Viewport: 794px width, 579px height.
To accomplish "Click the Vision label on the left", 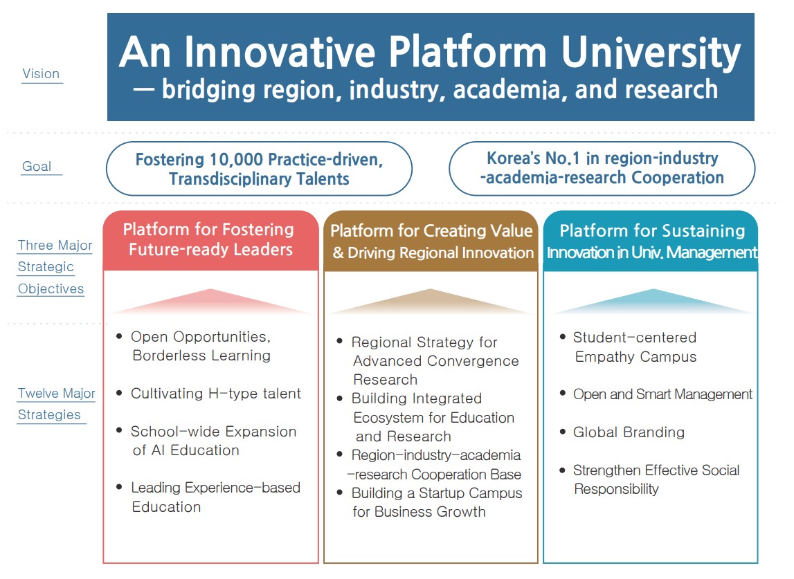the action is [x=41, y=74].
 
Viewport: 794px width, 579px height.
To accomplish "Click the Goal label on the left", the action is [x=37, y=167].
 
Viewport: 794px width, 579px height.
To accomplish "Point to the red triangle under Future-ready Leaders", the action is [x=210, y=302].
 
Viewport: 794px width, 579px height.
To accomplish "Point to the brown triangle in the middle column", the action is [x=431, y=302].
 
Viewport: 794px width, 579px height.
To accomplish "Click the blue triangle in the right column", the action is [x=653, y=302].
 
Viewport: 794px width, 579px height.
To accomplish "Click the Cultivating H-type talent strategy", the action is [x=216, y=394].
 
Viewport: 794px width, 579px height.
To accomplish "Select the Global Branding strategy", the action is [x=629, y=432].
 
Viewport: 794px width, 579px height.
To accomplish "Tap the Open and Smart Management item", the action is [x=662, y=394].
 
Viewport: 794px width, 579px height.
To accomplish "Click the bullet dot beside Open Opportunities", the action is [x=120, y=336].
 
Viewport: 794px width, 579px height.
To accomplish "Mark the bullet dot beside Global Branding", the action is [x=563, y=432].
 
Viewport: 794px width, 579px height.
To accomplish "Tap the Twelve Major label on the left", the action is [x=57, y=393].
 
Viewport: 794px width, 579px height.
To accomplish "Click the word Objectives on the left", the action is [x=51, y=289].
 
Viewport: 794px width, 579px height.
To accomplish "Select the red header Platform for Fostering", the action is [x=208, y=230].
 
